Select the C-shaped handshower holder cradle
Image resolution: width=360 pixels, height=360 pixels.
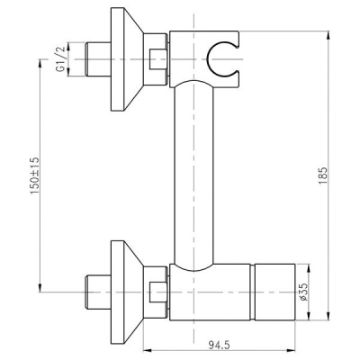(x=221, y=62)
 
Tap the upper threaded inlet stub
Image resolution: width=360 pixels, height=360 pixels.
(x=98, y=61)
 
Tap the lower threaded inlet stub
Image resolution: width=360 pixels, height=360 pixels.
(x=98, y=290)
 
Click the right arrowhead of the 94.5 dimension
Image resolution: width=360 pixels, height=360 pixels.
(x=292, y=350)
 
